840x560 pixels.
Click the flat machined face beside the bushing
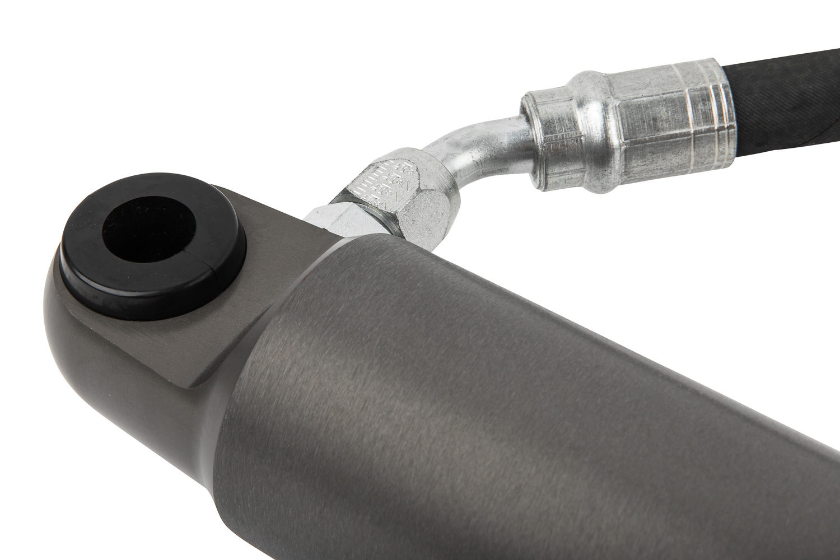235,314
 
